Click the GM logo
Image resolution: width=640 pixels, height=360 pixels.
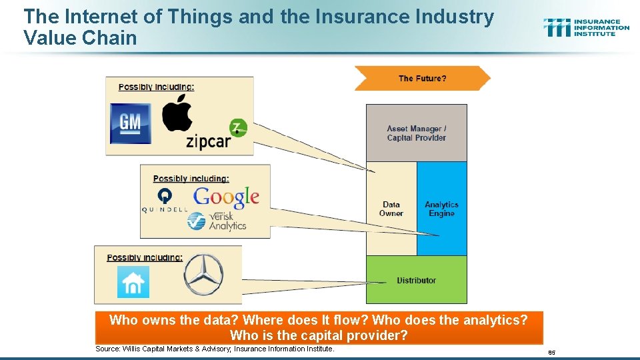click(131, 123)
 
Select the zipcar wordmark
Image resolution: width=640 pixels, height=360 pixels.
click(208, 141)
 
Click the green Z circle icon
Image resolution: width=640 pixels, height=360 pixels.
click(238, 127)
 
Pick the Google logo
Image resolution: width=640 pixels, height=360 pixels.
click(226, 197)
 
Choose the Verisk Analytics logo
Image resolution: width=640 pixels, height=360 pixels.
click(217, 221)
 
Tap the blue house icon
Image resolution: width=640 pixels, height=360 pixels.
click(133, 281)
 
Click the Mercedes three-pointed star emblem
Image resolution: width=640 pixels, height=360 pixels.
click(203, 275)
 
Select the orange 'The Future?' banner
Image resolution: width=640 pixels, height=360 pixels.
click(422, 78)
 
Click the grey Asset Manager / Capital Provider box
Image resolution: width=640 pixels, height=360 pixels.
click(416, 133)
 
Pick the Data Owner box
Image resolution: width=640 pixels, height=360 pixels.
click(391, 209)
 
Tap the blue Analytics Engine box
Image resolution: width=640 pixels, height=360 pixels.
click(441, 209)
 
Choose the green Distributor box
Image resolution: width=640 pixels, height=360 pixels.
click(416, 280)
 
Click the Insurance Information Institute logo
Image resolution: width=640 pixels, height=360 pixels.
click(586, 27)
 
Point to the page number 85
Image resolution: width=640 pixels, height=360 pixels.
click(551, 352)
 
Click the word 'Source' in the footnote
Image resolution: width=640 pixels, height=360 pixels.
click(107, 349)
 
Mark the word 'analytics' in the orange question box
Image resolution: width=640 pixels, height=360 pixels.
click(489, 320)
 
